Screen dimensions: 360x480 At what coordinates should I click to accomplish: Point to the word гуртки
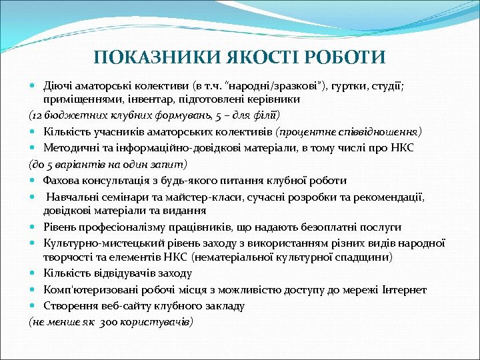360,86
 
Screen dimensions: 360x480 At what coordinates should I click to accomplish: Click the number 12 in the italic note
38,115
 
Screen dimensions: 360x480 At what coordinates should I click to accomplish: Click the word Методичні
70,147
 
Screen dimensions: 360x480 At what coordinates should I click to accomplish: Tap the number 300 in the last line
110,322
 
